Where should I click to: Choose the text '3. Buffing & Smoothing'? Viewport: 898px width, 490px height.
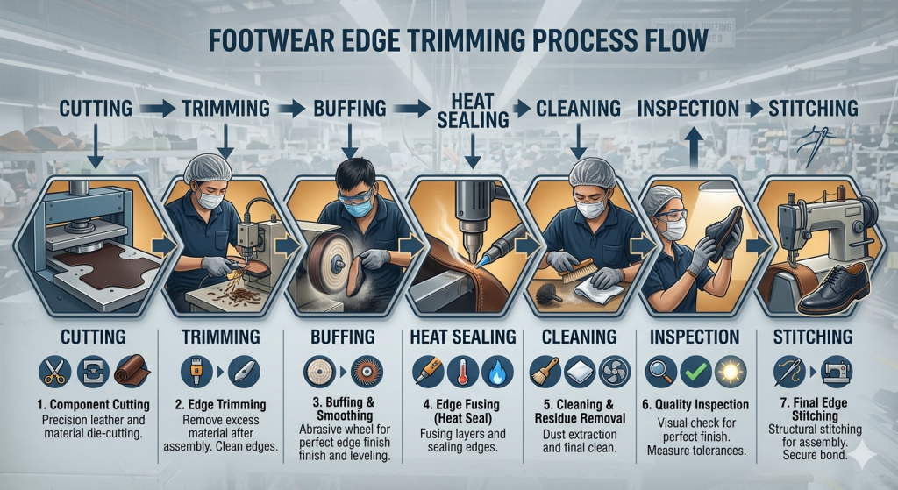[345, 411]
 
